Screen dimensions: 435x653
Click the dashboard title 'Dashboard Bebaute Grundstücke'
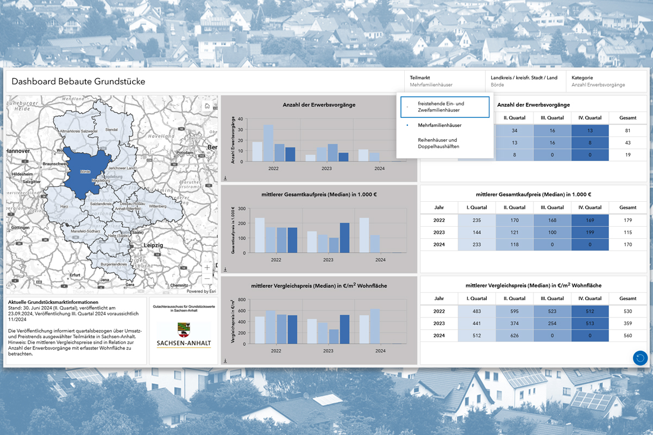pyautogui.click(x=78, y=82)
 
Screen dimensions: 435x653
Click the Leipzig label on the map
pyautogui.click(x=153, y=246)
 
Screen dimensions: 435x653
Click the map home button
pyautogui.click(x=207, y=106)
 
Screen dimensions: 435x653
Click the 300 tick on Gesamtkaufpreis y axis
pyautogui.click(x=242, y=208)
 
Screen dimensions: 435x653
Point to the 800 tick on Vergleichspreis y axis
pyautogui.click(x=242, y=300)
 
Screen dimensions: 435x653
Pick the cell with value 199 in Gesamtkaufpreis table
pyautogui.click(x=590, y=233)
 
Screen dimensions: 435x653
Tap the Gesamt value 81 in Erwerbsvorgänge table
pyautogui.click(x=627, y=130)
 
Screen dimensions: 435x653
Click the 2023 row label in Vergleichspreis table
pyautogui.click(x=439, y=324)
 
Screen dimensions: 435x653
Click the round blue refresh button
pyautogui.click(x=640, y=358)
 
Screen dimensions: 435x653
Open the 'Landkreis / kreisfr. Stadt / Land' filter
pyautogui.click(x=524, y=81)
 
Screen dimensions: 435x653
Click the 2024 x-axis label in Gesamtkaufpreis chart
pyautogui.click(x=380, y=260)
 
